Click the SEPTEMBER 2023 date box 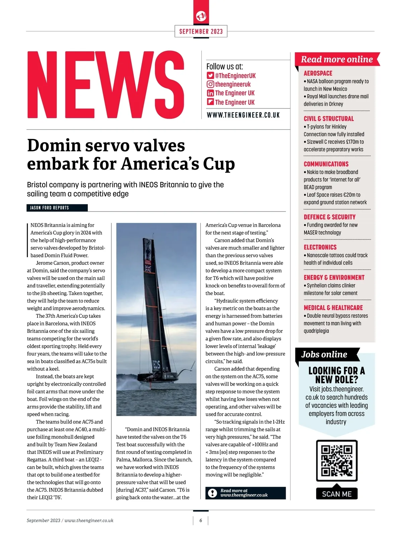pos(201,31)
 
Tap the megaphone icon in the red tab pos(201,16)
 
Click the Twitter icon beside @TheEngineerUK pos(210,76)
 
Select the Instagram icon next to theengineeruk pos(210,84)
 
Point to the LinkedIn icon pos(210,93)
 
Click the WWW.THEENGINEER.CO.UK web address pos(243,115)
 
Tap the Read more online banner pos(337,60)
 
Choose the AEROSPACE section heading pos(318,73)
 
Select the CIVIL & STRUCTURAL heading pos(329,119)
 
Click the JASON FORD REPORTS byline pos(50,208)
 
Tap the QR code pos(337,460)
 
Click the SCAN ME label pos(337,494)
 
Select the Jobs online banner pos(324,355)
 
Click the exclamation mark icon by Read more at pos(212,493)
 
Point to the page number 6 pos(201,521)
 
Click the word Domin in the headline pos(54,146)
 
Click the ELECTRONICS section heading pos(320,247)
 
